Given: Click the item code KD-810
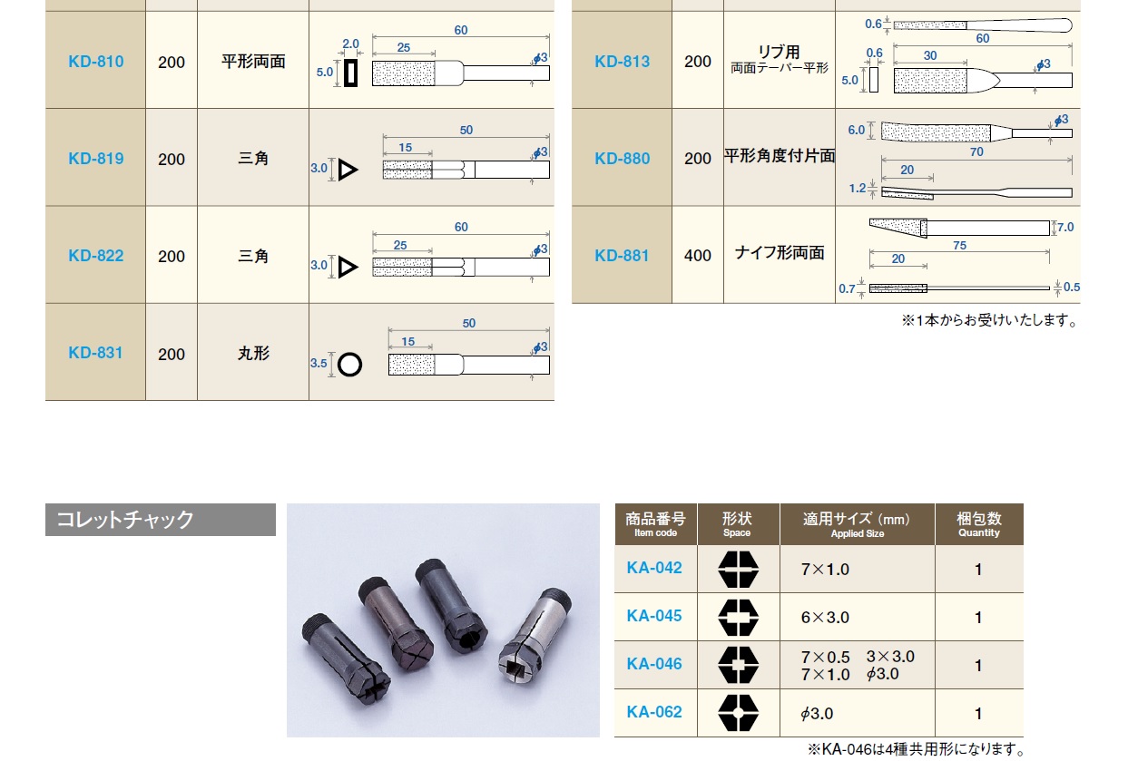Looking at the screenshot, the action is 95,62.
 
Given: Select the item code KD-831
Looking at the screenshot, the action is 95,353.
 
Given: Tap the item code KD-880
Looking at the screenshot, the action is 622,159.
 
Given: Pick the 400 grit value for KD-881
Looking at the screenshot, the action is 698,256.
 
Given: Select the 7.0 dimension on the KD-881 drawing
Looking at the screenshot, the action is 1065,227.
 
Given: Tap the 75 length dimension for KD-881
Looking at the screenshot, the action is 959,246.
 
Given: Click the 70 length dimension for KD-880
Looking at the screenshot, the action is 976,152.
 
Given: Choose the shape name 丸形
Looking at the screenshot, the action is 253,354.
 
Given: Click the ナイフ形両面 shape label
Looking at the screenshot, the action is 779,253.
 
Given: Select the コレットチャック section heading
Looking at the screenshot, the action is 125,520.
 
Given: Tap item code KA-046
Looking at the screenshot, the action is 654,664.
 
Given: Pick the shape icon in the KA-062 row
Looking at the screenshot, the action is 738,713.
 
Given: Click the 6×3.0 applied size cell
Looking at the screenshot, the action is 825,618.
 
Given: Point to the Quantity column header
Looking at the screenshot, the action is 979,524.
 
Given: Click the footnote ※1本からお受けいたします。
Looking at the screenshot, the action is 989,320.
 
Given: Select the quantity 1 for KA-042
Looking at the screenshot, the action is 978,570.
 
